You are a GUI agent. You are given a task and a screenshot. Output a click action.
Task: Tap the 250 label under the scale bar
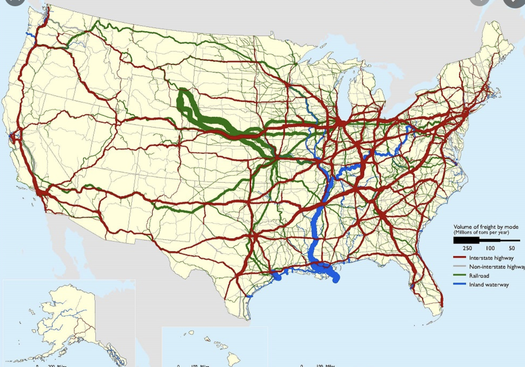(x=467, y=248)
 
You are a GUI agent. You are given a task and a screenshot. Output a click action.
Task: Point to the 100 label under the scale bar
(x=490, y=248)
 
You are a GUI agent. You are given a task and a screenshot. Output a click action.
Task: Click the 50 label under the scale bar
(x=512, y=248)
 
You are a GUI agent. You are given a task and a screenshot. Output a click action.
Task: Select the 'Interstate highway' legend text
(x=491, y=258)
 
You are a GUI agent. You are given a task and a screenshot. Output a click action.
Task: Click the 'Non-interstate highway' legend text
(x=497, y=267)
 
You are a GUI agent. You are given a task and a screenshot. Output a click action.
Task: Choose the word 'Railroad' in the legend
(x=479, y=276)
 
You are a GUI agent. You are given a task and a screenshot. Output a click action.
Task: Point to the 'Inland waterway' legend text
(x=489, y=285)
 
